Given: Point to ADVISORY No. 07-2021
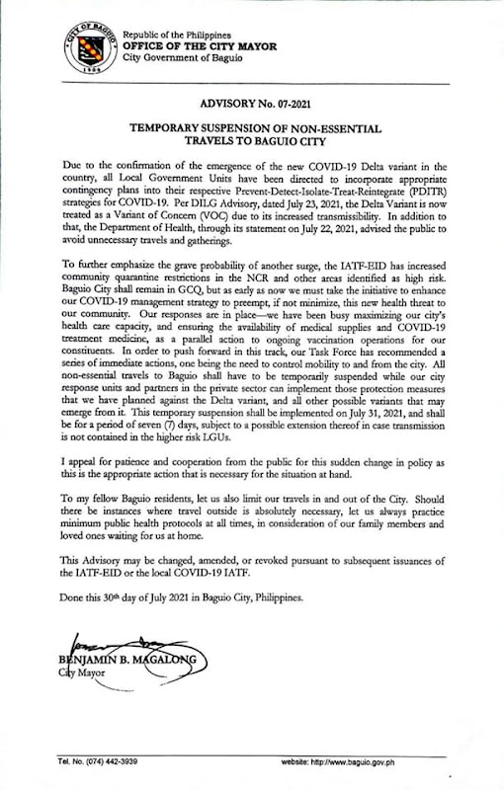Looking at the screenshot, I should [x=251, y=103].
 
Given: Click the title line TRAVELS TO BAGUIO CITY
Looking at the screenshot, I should [x=251, y=141].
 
